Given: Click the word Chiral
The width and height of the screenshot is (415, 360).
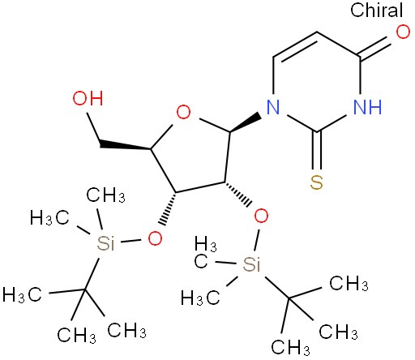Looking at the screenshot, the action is (376, 10).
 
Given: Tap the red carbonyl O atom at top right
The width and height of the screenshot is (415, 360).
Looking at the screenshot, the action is (403, 32).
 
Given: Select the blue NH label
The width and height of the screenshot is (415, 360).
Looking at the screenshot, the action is (367, 107).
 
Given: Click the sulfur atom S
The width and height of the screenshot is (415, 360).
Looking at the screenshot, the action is (316, 182).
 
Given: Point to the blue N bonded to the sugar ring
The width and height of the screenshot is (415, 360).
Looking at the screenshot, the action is (273, 107).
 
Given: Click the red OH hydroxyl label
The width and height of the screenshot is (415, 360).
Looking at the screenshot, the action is (88, 98).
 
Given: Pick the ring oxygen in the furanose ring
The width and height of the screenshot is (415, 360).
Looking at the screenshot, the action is (183, 112).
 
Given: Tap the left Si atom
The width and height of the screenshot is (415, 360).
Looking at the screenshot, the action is (105, 243).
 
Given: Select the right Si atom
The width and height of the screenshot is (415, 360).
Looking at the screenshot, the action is (251, 264).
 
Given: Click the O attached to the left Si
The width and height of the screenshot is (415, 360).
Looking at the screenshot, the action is (155, 238).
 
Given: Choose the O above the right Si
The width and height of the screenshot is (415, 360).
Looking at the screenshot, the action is (261, 216).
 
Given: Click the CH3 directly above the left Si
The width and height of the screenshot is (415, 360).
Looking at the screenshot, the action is (106, 195).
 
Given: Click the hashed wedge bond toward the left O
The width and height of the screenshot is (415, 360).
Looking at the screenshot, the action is (169, 208).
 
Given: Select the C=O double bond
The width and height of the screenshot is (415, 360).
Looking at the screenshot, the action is (377, 47).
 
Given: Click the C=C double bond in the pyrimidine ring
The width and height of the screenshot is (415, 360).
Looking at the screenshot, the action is (295, 46).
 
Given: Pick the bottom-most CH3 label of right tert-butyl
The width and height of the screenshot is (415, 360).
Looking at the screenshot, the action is (291, 347).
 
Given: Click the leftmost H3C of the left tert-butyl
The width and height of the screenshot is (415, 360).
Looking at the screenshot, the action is (22, 294).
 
